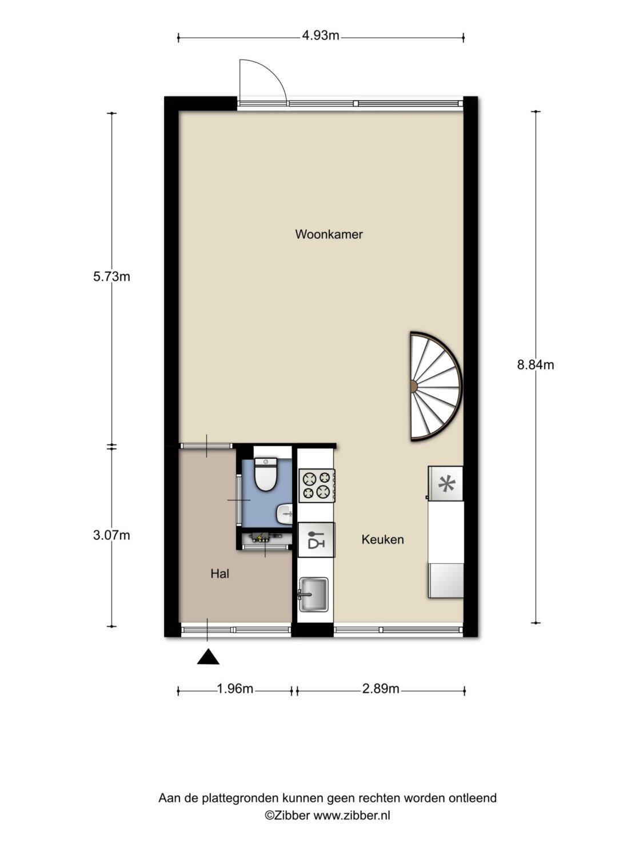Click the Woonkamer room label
click(329, 234)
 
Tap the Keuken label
click(382, 539)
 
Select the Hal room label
click(220, 574)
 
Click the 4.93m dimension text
click(321, 35)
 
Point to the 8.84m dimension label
click(536, 365)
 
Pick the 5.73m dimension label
click(111, 277)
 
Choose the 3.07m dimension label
click(111, 535)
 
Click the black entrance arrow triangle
click(207, 657)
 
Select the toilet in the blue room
click(265, 474)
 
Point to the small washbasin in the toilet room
click(285, 514)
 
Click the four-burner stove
click(317, 485)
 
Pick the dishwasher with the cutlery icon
click(316, 539)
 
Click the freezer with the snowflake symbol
click(445, 483)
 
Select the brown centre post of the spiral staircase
click(413, 387)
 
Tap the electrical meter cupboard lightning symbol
click(258, 538)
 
